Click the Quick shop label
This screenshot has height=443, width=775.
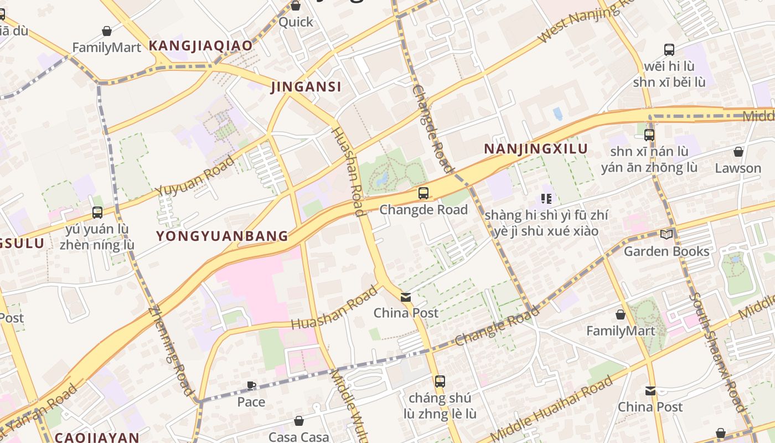tap(296, 22)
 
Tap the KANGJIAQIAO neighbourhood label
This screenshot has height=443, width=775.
tap(200, 45)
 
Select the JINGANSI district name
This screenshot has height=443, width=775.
tap(306, 87)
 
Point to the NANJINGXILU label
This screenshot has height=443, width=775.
tap(535, 149)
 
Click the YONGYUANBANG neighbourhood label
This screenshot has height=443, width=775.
tap(222, 236)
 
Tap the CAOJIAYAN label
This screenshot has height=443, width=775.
tap(97, 437)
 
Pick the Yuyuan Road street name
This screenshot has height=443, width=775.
tap(194, 176)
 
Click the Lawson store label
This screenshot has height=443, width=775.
tap(738, 168)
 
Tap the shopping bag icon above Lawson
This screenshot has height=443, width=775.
tap(738, 152)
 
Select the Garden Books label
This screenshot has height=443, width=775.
tap(666, 251)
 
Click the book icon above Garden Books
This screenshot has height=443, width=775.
tap(666, 235)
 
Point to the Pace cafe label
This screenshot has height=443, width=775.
tap(251, 401)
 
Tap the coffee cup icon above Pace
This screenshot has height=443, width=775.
tap(251, 385)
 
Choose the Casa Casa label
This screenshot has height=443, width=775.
tap(298, 437)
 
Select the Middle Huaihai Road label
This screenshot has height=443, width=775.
tap(552, 408)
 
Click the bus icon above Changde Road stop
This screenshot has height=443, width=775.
tap(423, 193)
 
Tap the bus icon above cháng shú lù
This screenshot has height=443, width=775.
tap(440, 382)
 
